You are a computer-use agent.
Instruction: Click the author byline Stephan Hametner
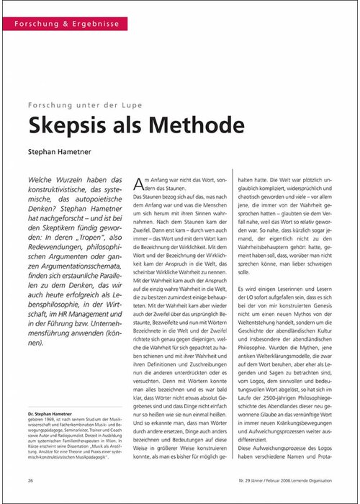tap(73, 153)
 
